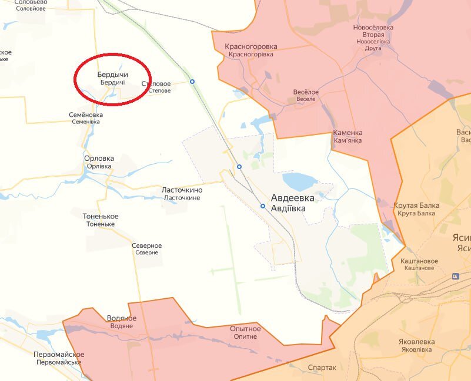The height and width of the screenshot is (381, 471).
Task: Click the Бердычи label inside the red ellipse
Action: [x=112, y=75]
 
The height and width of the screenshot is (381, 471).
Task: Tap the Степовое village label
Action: [x=156, y=84]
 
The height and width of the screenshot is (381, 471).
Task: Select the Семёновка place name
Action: [x=86, y=114]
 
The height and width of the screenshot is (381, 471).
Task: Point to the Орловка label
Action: [x=99, y=159]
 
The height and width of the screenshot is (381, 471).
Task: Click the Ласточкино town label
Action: [x=182, y=190]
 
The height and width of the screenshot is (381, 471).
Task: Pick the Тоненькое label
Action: [x=101, y=217]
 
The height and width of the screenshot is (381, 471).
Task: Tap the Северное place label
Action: [x=146, y=245]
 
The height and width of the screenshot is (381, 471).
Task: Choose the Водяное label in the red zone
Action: [x=122, y=318]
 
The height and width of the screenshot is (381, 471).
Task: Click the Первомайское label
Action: [x=59, y=355]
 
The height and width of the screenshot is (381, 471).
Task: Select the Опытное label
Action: [x=245, y=329]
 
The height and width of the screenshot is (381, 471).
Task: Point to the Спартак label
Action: [x=322, y=367]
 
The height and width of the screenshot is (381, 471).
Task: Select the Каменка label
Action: [x=348, y=133]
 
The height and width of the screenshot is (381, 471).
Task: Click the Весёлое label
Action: [x=306, y=92]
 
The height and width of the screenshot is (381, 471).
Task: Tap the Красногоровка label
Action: [x=250, y=46]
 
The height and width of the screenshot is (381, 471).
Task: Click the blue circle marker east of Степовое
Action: [x=192, y=81]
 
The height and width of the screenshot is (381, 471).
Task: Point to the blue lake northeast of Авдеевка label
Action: [x=300, y=180]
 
